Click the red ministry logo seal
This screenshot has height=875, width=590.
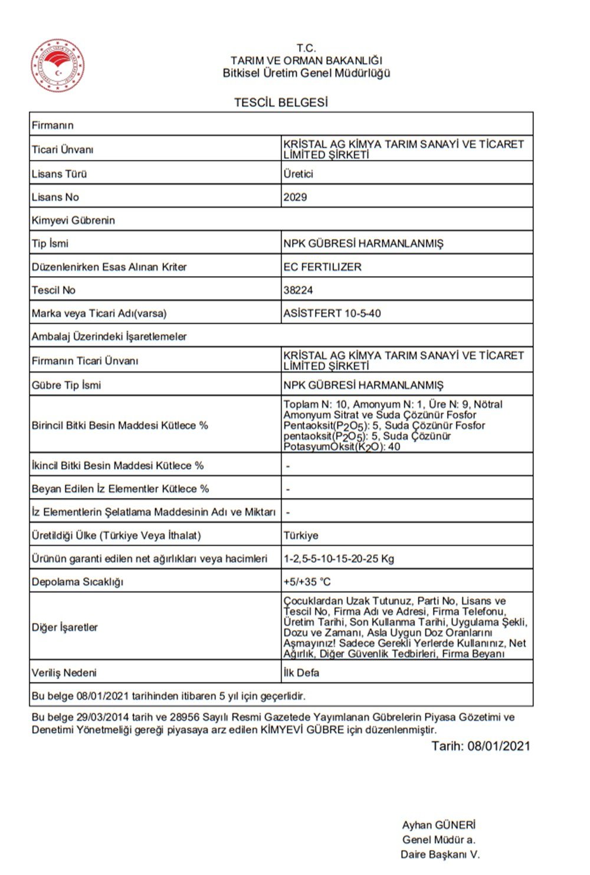coord(57,65)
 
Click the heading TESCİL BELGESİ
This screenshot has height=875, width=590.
coord(281,103)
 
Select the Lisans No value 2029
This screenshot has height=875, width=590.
coord(295,197)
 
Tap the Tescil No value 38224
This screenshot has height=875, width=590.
coord(298,290)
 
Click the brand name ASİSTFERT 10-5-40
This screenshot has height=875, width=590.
coord(332,313)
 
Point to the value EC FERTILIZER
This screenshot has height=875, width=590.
coord(322,267)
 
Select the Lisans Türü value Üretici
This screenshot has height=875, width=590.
coord(298,173)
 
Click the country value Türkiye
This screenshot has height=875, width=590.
coord(301,535)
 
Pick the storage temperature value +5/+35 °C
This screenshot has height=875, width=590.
coord(307,582)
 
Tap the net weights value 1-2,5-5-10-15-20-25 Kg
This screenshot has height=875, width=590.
coord(339,558)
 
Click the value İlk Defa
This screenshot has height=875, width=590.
coord(301,673)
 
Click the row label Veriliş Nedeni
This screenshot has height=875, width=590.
coord(64,673)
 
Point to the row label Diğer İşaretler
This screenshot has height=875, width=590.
coord(65,627)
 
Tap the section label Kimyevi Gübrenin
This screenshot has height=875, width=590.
coord(73,220)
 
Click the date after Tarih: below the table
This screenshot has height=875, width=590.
coord(499,746)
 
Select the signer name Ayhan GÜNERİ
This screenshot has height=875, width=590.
coord(438,825)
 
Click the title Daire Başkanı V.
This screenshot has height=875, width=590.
coord(440,854)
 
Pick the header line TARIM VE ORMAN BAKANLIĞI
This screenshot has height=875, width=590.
coord(306,60)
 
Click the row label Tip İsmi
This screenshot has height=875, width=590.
coord(50,243)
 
